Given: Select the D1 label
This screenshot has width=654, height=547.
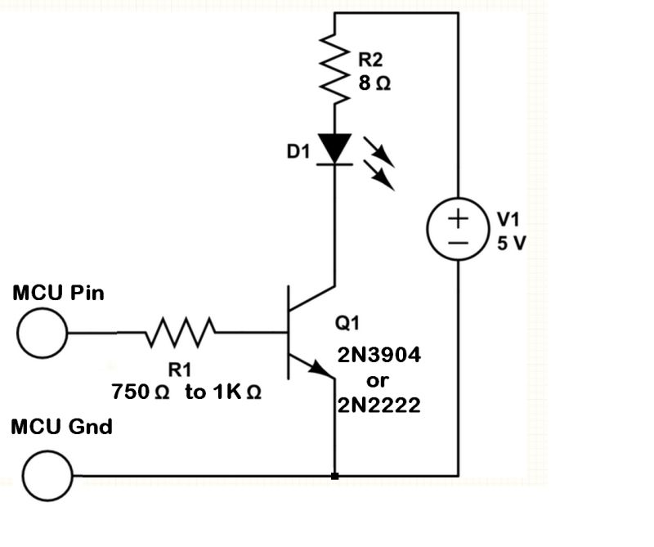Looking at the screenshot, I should pyautogui.click(x=298, y=152).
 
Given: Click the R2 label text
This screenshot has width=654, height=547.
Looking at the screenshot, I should pyautogui.click(x=370, y=60).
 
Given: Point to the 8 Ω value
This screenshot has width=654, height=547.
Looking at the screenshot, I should pyautogui.click(x=373, y=84).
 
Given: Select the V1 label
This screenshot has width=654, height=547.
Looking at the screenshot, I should pyautogui.click(x=508, y=220).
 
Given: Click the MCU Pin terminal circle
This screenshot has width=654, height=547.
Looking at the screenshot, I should pyautogui.click(x=43, y=334).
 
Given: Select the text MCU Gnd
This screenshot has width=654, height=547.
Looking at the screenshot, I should pyautogui.click(x=62, y=427).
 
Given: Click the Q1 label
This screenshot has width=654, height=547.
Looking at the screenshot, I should pyautogui.click(x=347, y=323).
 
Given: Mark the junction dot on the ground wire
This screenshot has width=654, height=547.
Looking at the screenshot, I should pyautogui.click(x=334, y=475).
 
